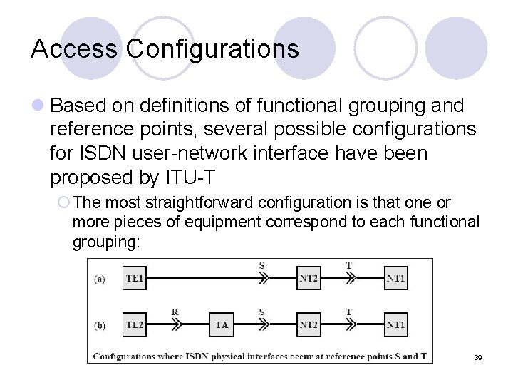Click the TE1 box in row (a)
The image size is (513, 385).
(x=134, y=278)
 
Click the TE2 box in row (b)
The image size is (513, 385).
(x=134, y=324)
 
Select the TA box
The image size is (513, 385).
(x=222, y=324)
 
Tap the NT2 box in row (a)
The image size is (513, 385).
(x=309, y=278)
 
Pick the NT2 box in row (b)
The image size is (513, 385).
(x=309, y=324)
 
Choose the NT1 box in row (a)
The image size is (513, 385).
(x=395, y=278)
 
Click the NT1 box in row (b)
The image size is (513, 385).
(x=395, y=324)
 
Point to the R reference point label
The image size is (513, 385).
(x=175, y=312)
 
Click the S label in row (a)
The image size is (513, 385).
(x=261, y=265)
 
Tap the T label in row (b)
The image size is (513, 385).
(x=348, y=312)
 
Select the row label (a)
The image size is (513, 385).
(x=100, y=279)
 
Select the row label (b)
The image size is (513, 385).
(x=100, y=325)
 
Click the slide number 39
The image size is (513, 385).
(x=478, y=356)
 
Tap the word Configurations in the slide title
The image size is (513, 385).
(x=212, y=48)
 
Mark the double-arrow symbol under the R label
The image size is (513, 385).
(x=175, y=324)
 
